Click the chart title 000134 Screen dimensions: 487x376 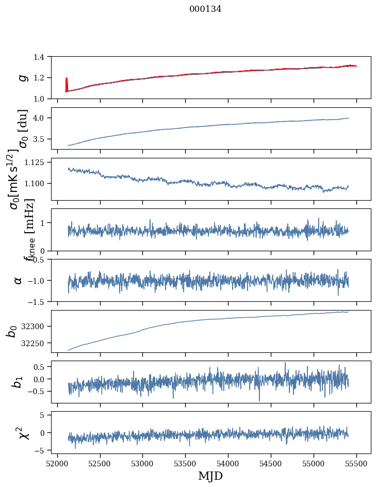point(205,9)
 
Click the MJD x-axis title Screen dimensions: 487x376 point(210,476)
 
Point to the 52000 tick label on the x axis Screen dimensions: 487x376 point(57,463)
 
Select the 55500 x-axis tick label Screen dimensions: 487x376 point(357,463)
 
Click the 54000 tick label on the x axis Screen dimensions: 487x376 point(228,463)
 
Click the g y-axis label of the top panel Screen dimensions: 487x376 point(22,77)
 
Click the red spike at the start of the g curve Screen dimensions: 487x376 point(67,84)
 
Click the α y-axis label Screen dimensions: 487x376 point(18,280)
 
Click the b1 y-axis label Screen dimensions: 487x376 point(18,382)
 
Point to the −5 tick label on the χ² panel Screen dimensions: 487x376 point(44,450)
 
